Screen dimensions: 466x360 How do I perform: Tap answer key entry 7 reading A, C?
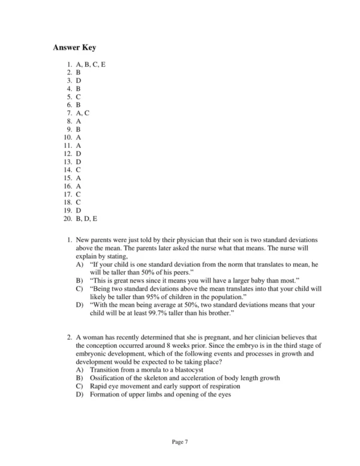coord(83,112)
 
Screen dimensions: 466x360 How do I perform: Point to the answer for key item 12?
coord(79,153)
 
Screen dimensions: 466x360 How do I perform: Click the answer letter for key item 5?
coord(79,96)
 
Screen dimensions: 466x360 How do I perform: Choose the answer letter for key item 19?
coord(79,210)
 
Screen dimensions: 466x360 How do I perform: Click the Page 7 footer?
coord(180,442)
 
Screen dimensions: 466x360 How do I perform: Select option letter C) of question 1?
coord(80,288)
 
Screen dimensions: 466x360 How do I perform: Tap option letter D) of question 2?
coord(80,395)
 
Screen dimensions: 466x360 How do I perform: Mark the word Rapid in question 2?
coord(98,386)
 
